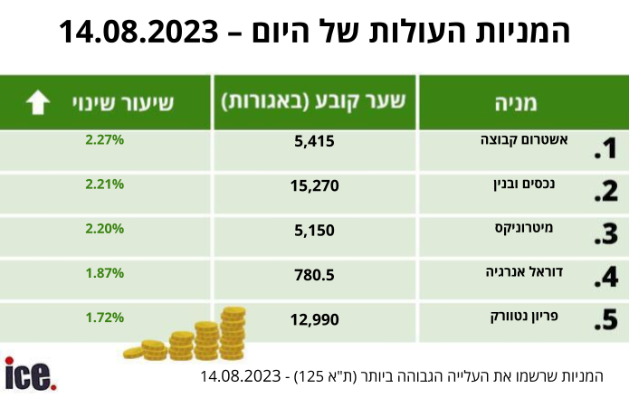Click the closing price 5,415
tap(314, 141)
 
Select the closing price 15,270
tap(315, 186)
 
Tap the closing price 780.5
tap(314, 275)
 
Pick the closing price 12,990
tap(315, 319)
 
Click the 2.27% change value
tap(104, 140)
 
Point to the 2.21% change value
tap(104, 185)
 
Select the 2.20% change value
tap(104, 229)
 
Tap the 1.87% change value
tap(104, 273)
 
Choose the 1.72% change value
tap(104, 318)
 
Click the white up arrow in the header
tap(38, 102)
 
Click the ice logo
tap(31, 374)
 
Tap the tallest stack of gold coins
tap(233, 332)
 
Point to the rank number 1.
tap(605, 148)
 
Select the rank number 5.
tap(605, 319)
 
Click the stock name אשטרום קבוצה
tap(524, 140)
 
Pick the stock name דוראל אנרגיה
tap(524, 272)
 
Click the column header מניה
tap(516, 103)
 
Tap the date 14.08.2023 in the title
tap(138, 32)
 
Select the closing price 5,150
tap(314, 231)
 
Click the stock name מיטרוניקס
tap(524, 228)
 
